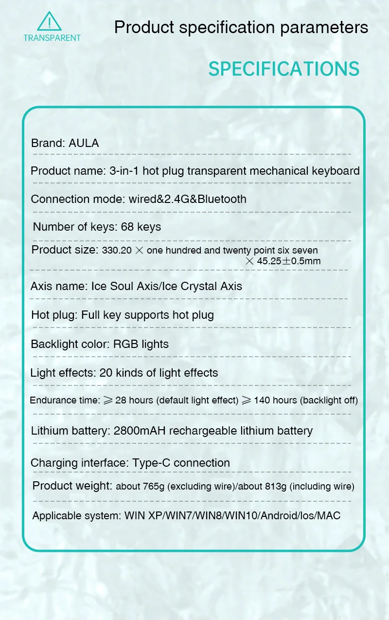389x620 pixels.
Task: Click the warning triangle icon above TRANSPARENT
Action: tap(50, 22)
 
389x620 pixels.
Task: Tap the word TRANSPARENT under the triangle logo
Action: tap(52, 38)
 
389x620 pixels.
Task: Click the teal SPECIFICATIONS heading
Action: tap(284, 69)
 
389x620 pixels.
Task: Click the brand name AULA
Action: tap(84, 143)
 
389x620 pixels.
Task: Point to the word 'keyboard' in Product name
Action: tap(336, 171)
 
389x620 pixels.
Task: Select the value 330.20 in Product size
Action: tap(116, 251)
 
